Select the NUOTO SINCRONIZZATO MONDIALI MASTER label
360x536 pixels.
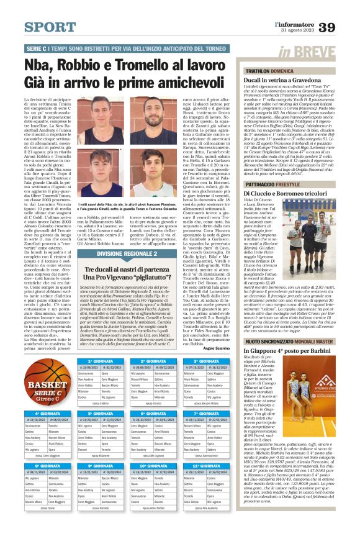tap(289, 342)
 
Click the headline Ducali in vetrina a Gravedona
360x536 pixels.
tap(285, 81)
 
